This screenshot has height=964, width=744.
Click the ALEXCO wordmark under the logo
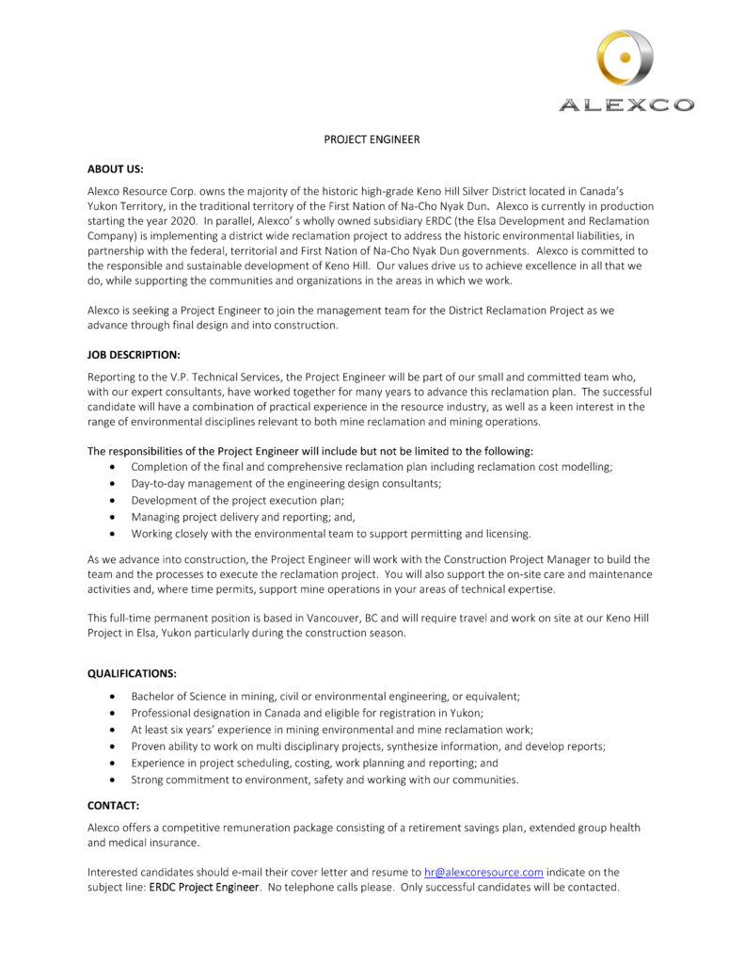[x=625, y=105]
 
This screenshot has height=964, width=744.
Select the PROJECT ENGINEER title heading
[x=372, y=140]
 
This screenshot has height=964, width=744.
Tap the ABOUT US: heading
[x=116, y=169]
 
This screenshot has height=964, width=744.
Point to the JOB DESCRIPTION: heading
[x=134, y=354]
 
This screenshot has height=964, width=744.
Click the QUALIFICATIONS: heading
[x=133, y=673]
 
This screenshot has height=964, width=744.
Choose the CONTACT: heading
[x=114, y=805]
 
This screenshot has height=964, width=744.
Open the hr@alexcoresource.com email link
[x=483, y=872]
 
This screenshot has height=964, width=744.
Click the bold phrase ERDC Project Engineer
[x=203, y=888]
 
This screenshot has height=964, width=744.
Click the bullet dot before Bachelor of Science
[x=114, y=696]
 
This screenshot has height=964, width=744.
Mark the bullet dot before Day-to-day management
[x=114, y=483]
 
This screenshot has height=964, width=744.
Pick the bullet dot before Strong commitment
[x=114, y=779]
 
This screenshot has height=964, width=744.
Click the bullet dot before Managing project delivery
[x=114, y=517]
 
